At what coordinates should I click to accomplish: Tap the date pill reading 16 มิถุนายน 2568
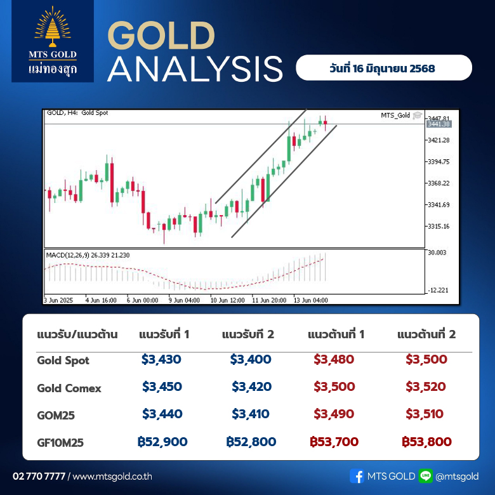(x=384, y=67)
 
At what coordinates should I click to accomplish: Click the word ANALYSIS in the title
(x=195, y=69)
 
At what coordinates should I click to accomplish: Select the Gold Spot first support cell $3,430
(x=161, y=359)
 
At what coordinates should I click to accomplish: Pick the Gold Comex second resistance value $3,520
(x=426, y=386)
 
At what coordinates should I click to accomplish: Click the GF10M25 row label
(x=60, y=442)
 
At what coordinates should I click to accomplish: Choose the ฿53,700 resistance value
(x=334, y=442)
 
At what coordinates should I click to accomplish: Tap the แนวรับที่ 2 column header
(x=247, y=334)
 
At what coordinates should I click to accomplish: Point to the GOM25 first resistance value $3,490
(x=334, y=414)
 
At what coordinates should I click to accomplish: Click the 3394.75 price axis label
(x=439, y=162)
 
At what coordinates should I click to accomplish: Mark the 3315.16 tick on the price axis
(x=439, y=226)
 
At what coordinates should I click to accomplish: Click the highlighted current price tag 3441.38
(x=439, y=124)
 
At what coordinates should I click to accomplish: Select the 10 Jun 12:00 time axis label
(x=227, y=300)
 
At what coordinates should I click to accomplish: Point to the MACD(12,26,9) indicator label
(x=67, y=255)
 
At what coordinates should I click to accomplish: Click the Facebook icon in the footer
(x=357, y=476)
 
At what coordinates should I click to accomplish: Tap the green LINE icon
(x=426, y=476)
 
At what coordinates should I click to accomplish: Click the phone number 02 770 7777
(x=39, y=476)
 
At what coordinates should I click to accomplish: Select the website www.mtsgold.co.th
(x=112, y=477)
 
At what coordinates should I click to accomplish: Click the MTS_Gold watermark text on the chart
(x=395, y=115)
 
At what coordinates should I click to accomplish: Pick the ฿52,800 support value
(x=251, y=442)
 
